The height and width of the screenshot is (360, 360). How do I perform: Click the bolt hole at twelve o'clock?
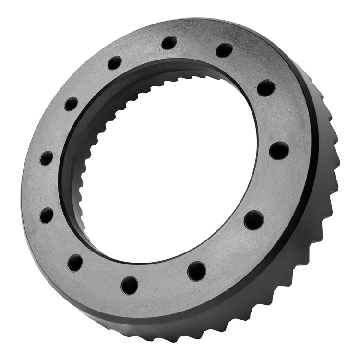[x=169, y=43]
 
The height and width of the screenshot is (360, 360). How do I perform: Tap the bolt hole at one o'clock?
[x=224, y=49]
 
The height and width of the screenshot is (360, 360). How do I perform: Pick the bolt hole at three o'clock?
[x=279, y=150]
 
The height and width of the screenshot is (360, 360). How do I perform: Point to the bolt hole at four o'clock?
[x=253, y=220]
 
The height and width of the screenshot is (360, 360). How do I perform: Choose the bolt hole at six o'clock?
[x=130, y=285]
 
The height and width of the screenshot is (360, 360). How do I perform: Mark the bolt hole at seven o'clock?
[x=75, y=263]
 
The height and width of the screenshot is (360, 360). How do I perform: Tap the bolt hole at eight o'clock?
[x=47, y=215]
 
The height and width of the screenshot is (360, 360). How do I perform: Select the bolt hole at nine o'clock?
[x=46, y=158]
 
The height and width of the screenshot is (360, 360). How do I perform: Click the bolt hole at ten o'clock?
[x=71, y=104]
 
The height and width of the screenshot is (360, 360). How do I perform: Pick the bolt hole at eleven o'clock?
[x=115, y=63]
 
